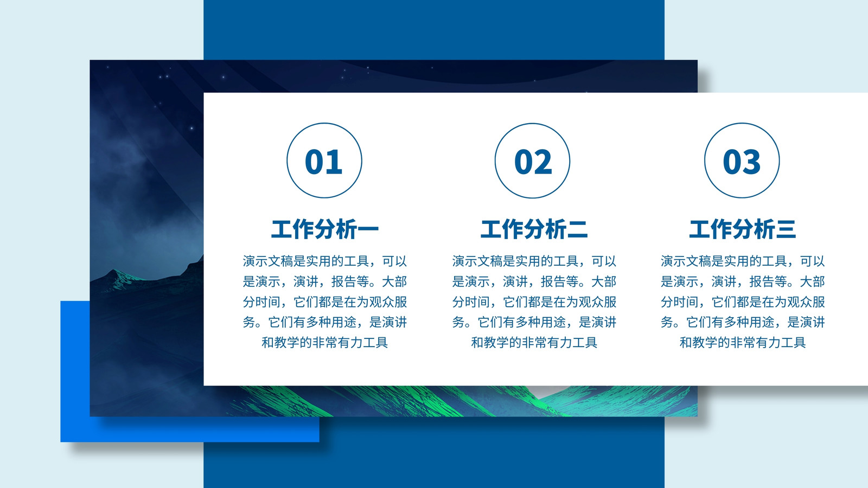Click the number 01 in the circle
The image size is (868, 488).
pyautogui.click(x=323, y=162)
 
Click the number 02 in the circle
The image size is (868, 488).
pyautogui.click(x=533, y=162)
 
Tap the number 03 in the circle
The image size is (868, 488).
pyautogui.click(x=742, y=162)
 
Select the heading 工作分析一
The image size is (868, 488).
pyautogui.click(x=325, y=229)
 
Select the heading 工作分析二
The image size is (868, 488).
pyautogui.click(x=534, y=229)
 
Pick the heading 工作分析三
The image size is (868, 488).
pyautogui.click(x=743, y=229)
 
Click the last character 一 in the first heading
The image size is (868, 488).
pyautogui.click(x=368, y=229)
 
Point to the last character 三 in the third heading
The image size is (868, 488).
pyautogui.click(x=786, y=229)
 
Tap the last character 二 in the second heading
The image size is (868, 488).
pyautogui.click(x=577, y=229)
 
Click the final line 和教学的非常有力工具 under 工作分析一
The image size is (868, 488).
pyautogui.click(x=325, y=342)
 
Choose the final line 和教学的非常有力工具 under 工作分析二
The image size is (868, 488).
pyautogui.click(x=534, y=342)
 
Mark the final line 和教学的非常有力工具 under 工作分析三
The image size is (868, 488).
pyautogui.click(x=743, y=342)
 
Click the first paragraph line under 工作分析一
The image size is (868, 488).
pyautogui.click(x=325, y=261)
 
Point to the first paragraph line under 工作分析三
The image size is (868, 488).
pyautogui.click(x=743, y=261)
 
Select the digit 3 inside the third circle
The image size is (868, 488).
pyautogui.click(x=752, y=162)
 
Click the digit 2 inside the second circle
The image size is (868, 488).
pyautogui.click(x=543, y=162)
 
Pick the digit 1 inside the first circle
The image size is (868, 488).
pyautogui.click(x=335, y=162)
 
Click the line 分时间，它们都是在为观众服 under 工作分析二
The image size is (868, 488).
pyautogui.click(x=534, y=301)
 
